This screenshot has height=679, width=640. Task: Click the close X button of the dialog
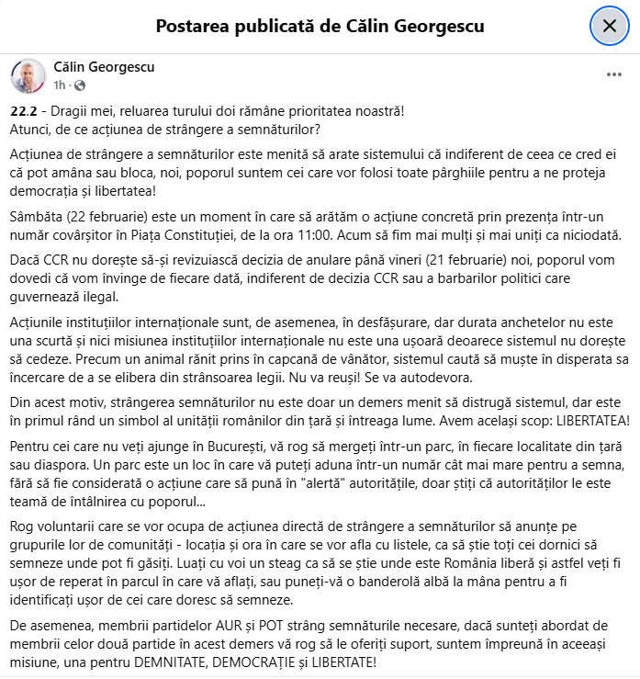[609, 26]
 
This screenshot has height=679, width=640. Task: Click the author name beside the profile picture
[105, 67]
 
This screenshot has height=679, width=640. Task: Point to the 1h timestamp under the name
[60, 85]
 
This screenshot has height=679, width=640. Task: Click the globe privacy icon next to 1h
[78, 85]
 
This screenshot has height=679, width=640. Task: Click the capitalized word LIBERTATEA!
[586, 423]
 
